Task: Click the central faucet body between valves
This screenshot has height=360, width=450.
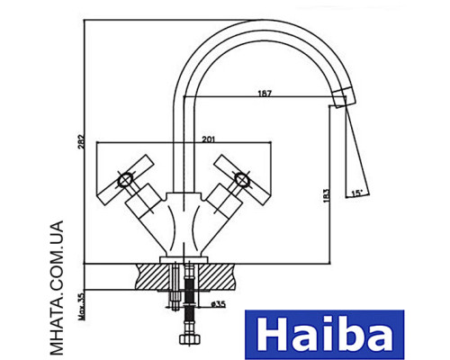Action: [185, 220]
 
